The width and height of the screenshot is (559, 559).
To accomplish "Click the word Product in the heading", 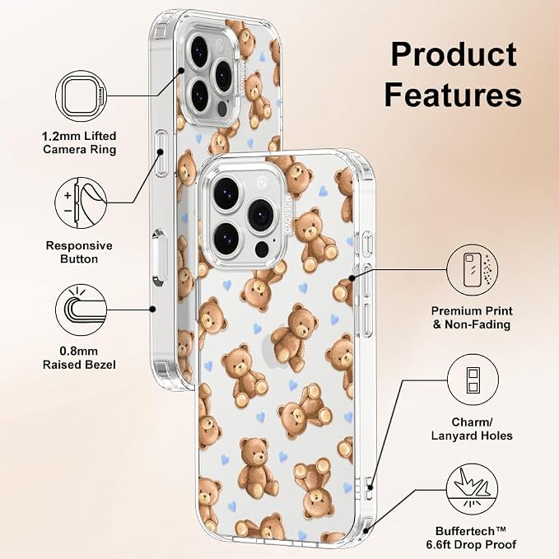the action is [x=454, y=54].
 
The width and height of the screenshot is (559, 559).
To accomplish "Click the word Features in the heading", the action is [x=453, y=95].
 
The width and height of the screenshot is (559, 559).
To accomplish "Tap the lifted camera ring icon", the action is [x=82, y=95].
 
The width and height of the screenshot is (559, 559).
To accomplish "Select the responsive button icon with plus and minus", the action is [x=81, y=203].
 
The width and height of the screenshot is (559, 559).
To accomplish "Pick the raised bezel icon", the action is [x=82, y=310].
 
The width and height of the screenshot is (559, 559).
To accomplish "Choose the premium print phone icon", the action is [x=473, y=270].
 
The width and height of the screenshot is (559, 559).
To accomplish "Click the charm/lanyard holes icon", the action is [x=473, y=380].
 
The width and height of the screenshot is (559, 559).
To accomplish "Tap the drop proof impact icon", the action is [x=473, y=489].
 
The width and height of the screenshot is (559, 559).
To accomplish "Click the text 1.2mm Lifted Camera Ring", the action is [x=79, y=142].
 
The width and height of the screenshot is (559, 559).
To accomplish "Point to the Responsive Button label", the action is [x=79, y=252].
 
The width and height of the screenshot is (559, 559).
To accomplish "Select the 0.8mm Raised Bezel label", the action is [x=79, y=358].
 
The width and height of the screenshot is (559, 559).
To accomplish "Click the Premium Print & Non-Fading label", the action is [x=472, y=318].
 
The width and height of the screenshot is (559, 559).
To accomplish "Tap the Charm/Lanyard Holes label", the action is [x=472, y=429].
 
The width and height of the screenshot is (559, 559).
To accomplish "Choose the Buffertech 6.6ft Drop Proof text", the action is [x=471, y=538].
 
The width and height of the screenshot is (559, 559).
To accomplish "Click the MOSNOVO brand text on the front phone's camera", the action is [x=288, y=214].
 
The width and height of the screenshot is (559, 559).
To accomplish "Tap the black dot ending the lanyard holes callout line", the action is [x=370, y=487].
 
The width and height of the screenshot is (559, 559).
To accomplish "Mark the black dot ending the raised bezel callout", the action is [x=152, y=310].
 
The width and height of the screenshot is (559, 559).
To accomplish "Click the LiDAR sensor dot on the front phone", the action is [x=263, y=249].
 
